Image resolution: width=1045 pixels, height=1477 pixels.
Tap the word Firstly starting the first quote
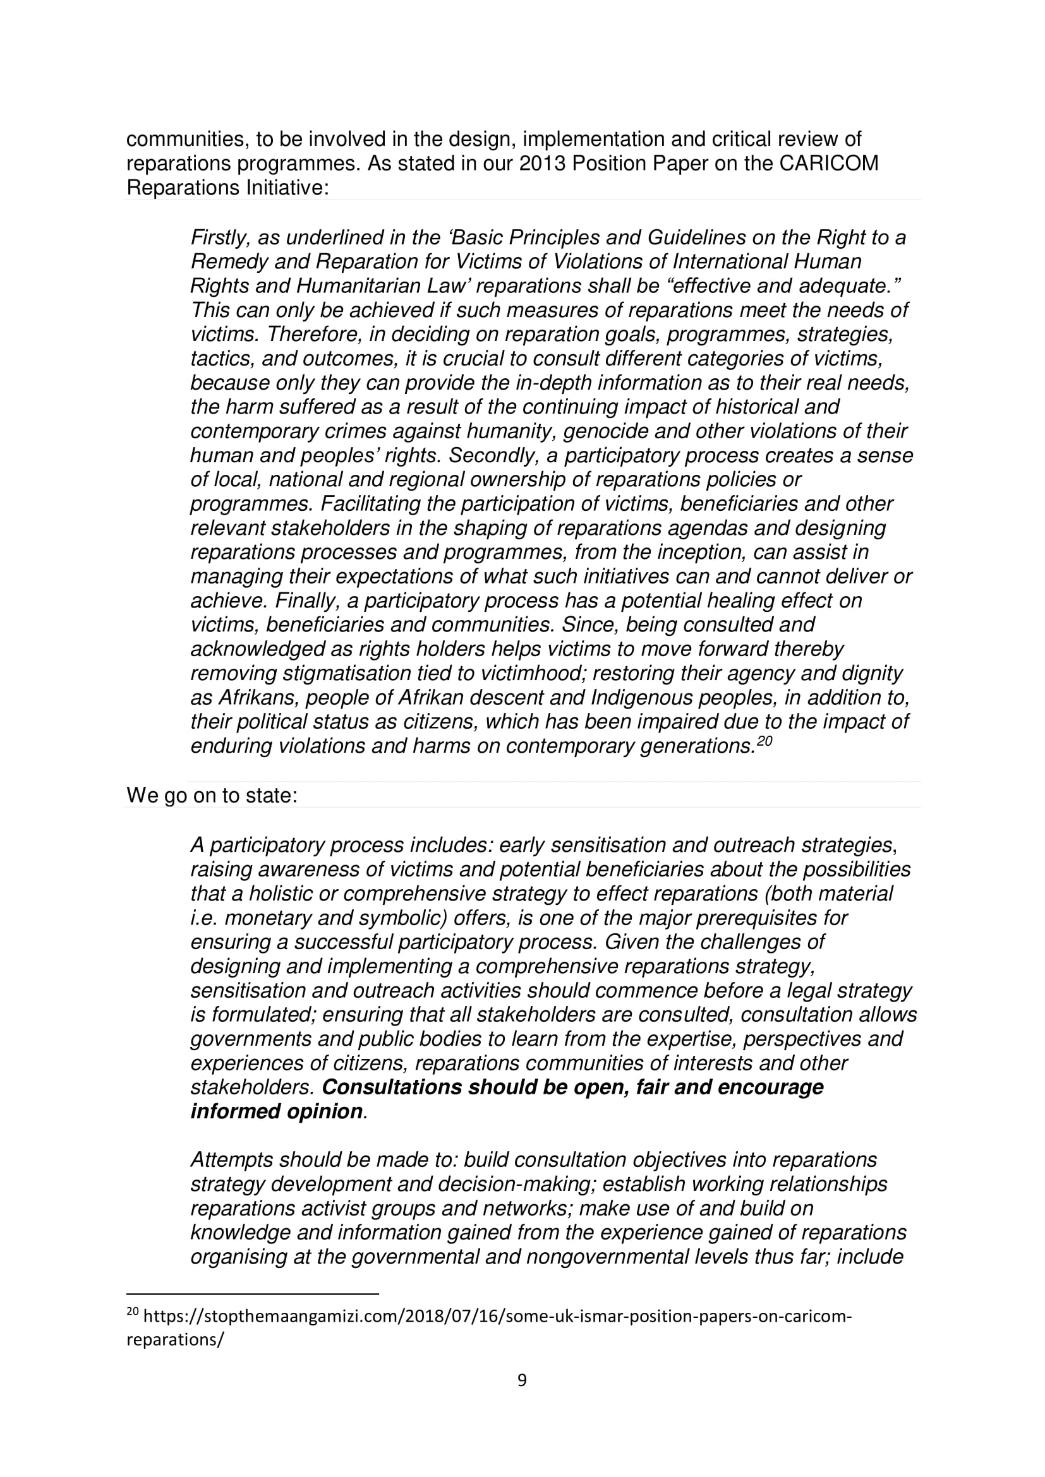coord(220,238)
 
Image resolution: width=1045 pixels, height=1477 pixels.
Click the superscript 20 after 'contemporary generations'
coord(764,741)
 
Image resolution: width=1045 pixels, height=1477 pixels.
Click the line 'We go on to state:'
coord(212,796)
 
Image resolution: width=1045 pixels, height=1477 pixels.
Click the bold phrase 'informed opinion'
coord(277,1111)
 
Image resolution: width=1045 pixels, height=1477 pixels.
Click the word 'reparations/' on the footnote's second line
coord(174,1340)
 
